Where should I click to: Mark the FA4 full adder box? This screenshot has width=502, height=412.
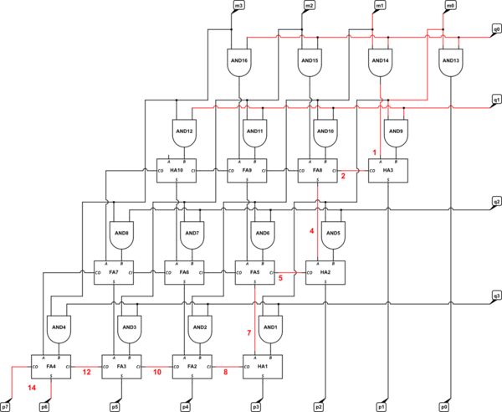click(x=50, y=367)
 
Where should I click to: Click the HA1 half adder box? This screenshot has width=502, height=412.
click(x=261, y=367)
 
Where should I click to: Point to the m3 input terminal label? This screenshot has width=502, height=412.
click(x=239, y=6)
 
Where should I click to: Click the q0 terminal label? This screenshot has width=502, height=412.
click(x=496, y=28)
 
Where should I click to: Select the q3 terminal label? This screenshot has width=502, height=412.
click(x=496, y=296)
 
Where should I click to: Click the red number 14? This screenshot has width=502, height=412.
click(x=31, y=389)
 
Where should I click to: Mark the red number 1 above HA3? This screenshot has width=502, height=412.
click(x=376, y=151)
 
